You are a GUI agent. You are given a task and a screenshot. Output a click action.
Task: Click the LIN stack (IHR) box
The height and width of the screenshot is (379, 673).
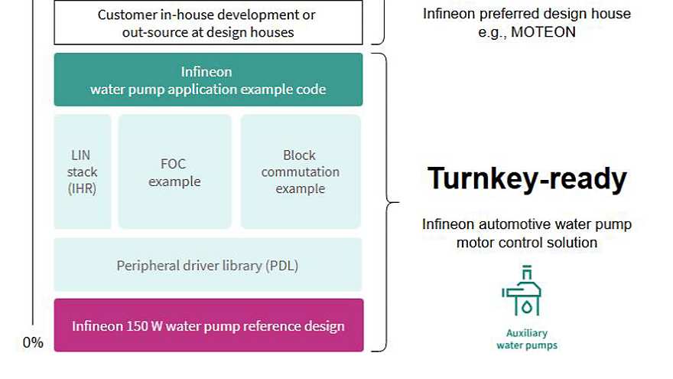click(83, 172)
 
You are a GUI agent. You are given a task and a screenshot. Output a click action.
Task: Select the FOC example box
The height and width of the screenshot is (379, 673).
click(174, 172)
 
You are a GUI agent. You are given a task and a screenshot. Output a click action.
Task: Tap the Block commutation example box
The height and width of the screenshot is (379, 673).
click(301, 172)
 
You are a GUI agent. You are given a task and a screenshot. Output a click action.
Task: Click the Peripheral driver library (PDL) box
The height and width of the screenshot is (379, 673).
click(207, 266)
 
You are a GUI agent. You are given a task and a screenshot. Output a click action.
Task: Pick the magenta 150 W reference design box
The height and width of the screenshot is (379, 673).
click(208, 325)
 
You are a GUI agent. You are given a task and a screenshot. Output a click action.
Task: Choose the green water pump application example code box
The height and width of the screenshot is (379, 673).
click(208, 80)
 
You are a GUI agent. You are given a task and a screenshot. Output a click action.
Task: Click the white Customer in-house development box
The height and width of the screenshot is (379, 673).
click(208, 23)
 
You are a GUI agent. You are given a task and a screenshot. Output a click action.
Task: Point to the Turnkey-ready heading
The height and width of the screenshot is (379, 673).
click(527, 178)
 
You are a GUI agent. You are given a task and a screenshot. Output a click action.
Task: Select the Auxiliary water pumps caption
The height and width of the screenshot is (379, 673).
click(526, 339)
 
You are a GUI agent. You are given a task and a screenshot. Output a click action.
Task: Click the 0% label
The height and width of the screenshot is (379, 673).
click(33, 343)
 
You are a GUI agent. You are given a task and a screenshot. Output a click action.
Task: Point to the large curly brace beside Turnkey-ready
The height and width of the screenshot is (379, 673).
click(390, 203)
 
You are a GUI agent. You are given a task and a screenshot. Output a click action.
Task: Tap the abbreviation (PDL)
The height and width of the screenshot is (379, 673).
click(282, 266)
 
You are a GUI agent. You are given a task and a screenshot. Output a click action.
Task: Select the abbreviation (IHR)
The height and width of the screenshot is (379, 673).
click(83, 188)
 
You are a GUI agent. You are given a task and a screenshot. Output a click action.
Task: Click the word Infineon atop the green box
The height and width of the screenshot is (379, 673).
click(206, 72)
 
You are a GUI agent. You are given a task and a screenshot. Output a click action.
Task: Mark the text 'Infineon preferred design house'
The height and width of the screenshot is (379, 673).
click(527, 14)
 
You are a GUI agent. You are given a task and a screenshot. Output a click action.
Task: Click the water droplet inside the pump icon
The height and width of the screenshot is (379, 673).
click(527, 304)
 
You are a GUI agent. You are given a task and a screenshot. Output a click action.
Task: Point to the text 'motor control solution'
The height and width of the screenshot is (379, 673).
click(527, 243)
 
